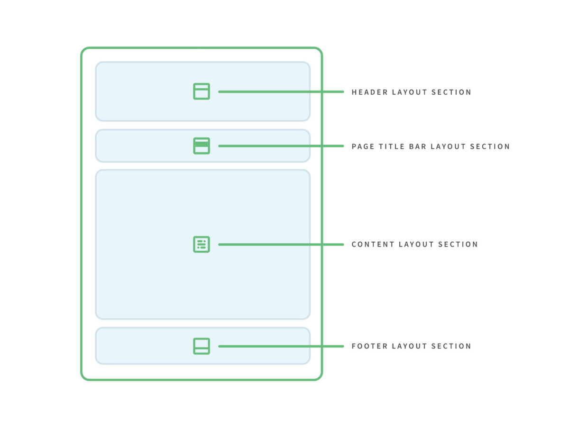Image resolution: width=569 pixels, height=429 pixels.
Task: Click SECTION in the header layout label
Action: (451, 92)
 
